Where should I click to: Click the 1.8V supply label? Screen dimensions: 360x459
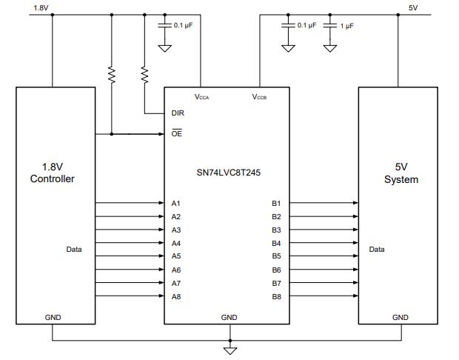[x=41, y=7]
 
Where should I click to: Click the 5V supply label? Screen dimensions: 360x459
[x=413, y=7]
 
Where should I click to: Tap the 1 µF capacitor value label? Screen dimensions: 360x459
[x=346, y=25]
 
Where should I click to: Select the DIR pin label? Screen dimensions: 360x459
[x=178, y=113]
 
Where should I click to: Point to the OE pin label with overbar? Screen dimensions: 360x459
[x=176, y=133]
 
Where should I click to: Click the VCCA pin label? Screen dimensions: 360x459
[x=201, y=97]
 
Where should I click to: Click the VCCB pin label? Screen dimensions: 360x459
[x=259, y=97]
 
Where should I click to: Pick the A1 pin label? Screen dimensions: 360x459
[x=175, y=203]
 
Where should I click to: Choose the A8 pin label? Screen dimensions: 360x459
[x=175, y=296]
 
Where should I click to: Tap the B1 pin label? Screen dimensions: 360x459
[x=276, y=203]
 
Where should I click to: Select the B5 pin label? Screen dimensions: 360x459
[x=276, y=256]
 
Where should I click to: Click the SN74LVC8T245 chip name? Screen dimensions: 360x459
[x=228, y=172]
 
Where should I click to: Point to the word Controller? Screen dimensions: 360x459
[x=52, y=179]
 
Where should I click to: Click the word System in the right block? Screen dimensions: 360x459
[x=401, y=179]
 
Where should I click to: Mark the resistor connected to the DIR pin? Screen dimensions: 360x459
[x=144, y=75]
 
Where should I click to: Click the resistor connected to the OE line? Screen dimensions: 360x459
[x=112, y=75]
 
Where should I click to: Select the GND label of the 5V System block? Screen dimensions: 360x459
[x=400, y=317]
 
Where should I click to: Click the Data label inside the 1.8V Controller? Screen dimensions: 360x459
[x=74, y=250]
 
